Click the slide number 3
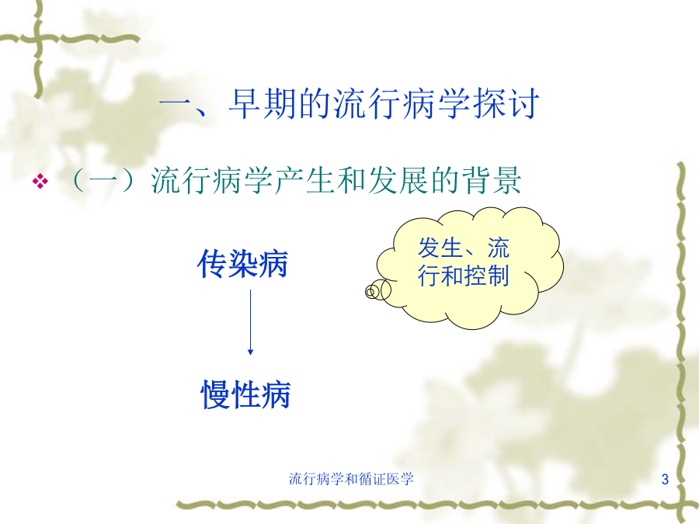665,479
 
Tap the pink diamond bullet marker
40,181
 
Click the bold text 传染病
242,264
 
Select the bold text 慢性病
245,394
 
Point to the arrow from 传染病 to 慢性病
250,322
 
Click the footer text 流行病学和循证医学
351,479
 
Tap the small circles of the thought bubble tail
377,290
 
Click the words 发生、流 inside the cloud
464,248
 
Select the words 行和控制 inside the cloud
464,276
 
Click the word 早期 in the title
263,104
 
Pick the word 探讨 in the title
506,104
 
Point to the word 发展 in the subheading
398,180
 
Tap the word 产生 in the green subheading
304,180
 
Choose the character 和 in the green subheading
351,180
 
